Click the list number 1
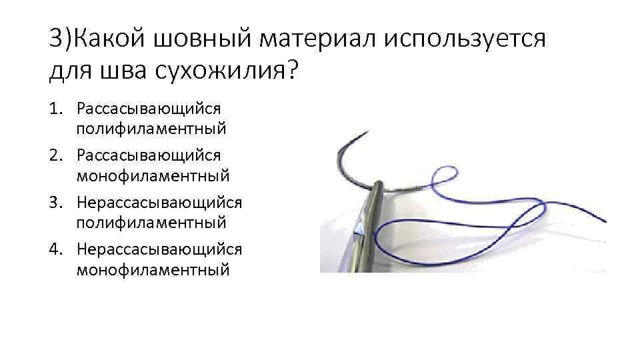[x=55, y=108]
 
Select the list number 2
[x=55, y=155]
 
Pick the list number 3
[x=55, y=201]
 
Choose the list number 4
[x=55, y=248]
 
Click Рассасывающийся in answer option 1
[x=149, y=108]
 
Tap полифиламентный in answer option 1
[x=151, y=129]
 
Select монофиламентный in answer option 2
[x=153, y=176]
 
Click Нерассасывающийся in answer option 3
[x=159, y=201]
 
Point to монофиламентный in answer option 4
[x=153, y=269]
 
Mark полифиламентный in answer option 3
[x=151, y=222]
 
